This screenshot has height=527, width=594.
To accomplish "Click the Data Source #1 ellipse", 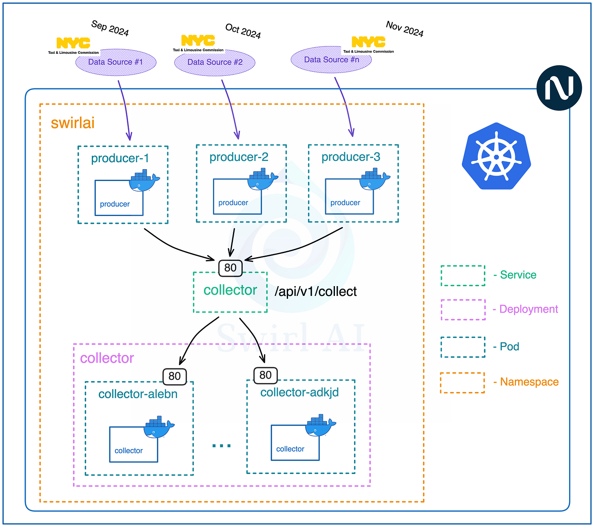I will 116,62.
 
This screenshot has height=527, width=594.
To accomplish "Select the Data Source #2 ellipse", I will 215,63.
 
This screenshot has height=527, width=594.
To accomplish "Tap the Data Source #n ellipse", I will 331,60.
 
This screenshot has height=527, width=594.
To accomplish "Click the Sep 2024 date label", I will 110,28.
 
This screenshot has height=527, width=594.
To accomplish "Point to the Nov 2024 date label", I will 405,29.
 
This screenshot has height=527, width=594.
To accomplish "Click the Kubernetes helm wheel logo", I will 496,156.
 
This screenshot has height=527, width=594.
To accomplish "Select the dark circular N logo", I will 559,88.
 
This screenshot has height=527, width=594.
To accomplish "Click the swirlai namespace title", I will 73,123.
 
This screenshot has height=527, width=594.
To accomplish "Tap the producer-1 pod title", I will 120,158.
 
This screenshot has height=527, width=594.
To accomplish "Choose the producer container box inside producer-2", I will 237,197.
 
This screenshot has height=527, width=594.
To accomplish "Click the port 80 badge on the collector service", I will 231,268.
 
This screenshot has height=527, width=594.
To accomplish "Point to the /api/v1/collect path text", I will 316,291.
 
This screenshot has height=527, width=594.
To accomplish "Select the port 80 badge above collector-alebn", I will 175,376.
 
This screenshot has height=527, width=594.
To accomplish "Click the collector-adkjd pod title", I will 299,392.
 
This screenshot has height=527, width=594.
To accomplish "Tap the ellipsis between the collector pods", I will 222,445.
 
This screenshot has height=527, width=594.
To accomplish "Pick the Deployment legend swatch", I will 463,310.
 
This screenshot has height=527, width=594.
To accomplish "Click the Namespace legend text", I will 529,382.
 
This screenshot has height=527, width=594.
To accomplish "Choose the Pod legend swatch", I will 463,347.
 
